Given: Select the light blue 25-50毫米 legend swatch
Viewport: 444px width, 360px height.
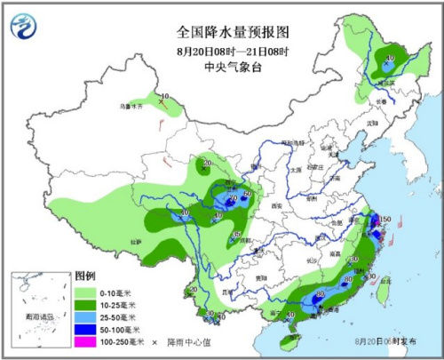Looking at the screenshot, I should [86, 316].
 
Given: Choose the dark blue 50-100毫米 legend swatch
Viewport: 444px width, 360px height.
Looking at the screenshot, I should [86, 329].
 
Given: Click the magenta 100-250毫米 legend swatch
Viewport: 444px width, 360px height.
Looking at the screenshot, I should [86, 341].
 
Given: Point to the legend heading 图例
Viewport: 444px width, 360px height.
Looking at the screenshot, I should [84, 276].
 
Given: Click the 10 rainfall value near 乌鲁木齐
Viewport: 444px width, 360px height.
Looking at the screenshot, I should [165, 96].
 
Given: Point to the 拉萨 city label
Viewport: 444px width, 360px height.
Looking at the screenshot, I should [136, 240].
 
